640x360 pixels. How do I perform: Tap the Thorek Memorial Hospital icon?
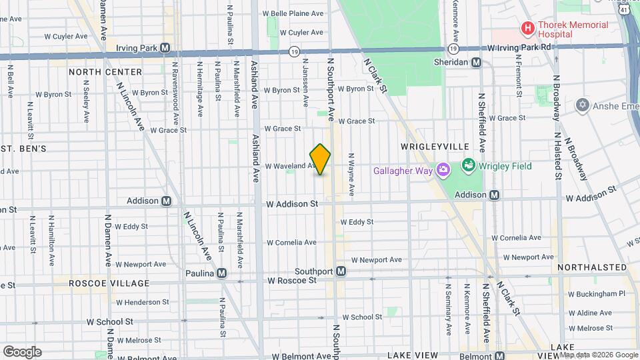coord(527,28)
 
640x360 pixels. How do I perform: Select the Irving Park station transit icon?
coord(165,47)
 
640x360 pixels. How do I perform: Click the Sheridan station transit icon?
coord(476,62)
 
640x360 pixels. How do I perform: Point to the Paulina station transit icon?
coord(221,273)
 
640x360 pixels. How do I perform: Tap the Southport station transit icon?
coord(341,271)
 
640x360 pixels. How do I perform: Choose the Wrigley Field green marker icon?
coord(468,165)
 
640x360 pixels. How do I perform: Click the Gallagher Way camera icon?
coord(442,170)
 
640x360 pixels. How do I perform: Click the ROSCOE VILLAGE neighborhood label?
coord(101,283)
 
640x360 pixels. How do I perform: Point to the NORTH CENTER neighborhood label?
coord(105,71)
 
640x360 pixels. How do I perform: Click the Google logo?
coord(22,351)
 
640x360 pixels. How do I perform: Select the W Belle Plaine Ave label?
coord(293,13)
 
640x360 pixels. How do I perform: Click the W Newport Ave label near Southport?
coord(377,259)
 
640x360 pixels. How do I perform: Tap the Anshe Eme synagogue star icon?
coord(583,105)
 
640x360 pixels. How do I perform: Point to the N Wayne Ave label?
coord(351,175)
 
